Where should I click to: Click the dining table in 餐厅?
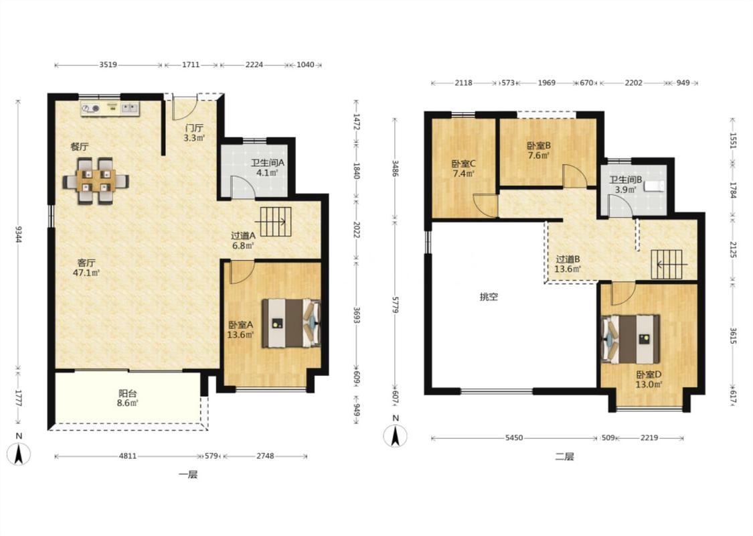pyautogui.click(x=96, y=181)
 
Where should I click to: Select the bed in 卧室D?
pyautogui.click(x=631, y=339)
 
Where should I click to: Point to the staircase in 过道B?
pyautogui.click(x=667, y=265)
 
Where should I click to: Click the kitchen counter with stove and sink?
pyautogui.click(x=110, y=109)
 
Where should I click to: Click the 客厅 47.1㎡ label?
pyautogui.click(x=89, y=268)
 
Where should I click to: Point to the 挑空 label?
pyautogui.click(x=489, y=297)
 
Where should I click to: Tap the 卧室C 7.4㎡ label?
pyautogui.click(x=463, y=168)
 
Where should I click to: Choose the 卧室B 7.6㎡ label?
pyautogui.click(x=538, y=150)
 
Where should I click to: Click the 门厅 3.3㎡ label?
pyautogui.click(x=195, y=133)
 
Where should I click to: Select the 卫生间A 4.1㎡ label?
pyautogui.click(x=268, y=167)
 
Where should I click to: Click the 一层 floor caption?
pyautogui.click(x=188, y=474)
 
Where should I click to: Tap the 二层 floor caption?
pyautogui.click(x=565, y=456)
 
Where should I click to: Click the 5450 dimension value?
pyautogui.click(x=514, y=438)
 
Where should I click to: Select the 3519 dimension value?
pyautogui.click(x=108, y=64)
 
